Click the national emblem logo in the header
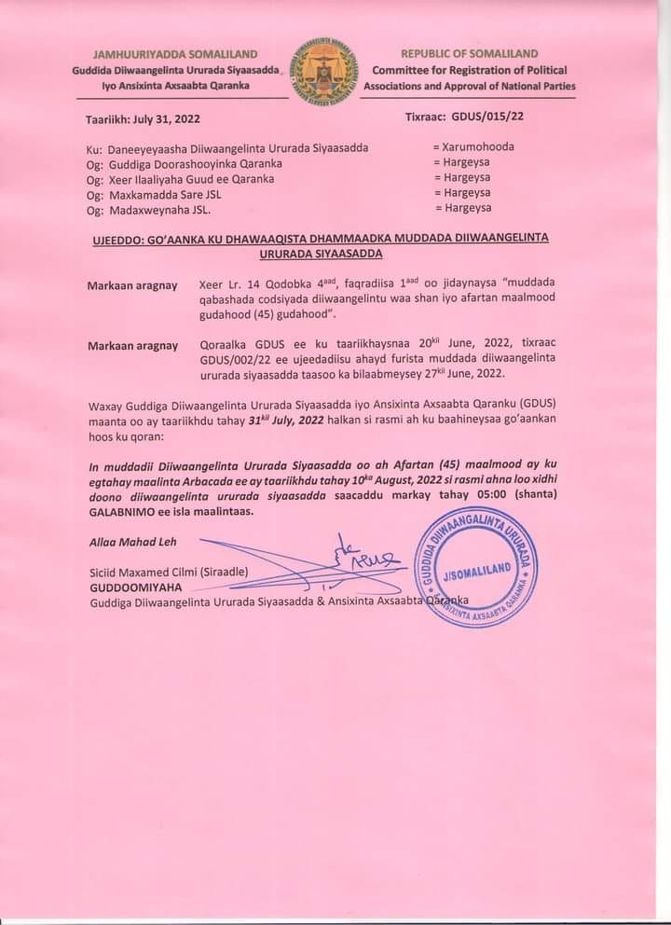324,70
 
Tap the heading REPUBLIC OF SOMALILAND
469,55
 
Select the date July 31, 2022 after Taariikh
168,119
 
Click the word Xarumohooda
478,146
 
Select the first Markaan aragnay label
132,284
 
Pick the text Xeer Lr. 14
227,284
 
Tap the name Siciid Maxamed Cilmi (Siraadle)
169,573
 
